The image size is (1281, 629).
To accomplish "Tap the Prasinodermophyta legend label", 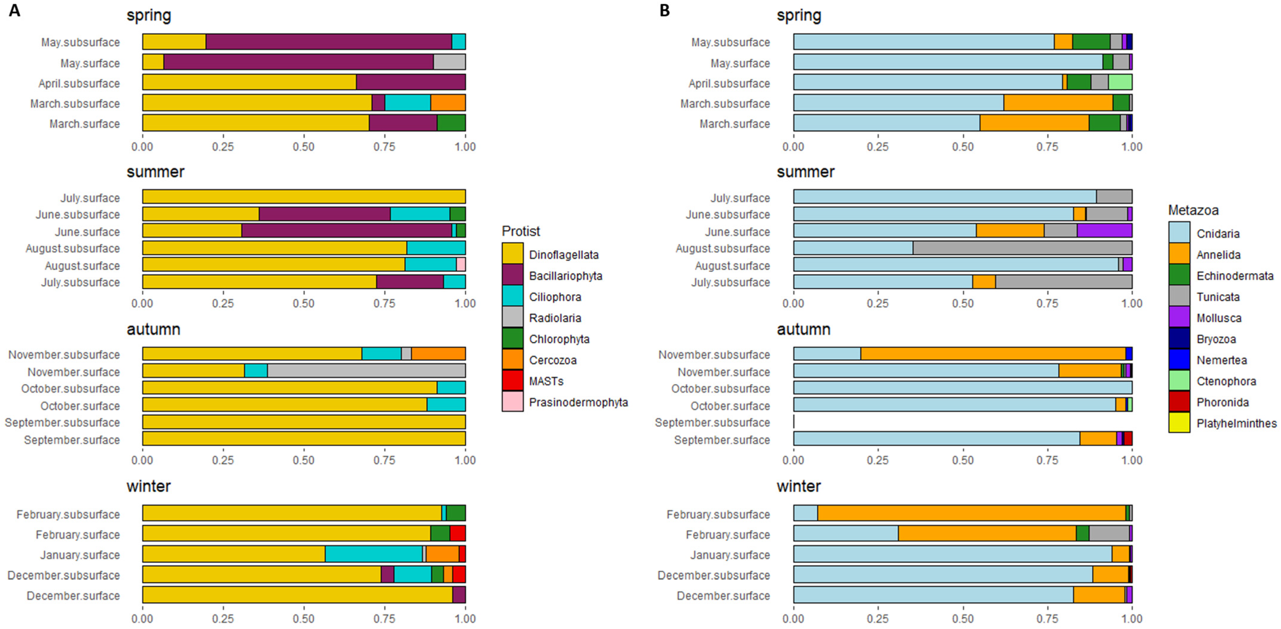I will pos(578,402).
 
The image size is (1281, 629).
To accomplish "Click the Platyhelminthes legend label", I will pos(1236,423).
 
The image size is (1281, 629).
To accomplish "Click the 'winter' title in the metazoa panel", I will pos(799,486).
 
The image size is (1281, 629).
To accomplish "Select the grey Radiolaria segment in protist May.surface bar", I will pos(449,62).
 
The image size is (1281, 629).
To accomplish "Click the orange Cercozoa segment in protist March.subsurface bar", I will pos(448,103).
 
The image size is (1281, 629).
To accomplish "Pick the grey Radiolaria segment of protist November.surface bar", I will pos(366,371).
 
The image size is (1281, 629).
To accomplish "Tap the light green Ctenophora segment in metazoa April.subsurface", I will pos(1120,82).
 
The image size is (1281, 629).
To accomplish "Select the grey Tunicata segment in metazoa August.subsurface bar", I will pos(1022,248).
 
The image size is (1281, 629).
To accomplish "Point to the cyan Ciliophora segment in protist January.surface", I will pos(373,554).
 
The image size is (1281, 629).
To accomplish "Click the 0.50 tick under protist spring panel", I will pos(303,147).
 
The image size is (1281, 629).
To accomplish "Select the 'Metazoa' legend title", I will pos(1193,211).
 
